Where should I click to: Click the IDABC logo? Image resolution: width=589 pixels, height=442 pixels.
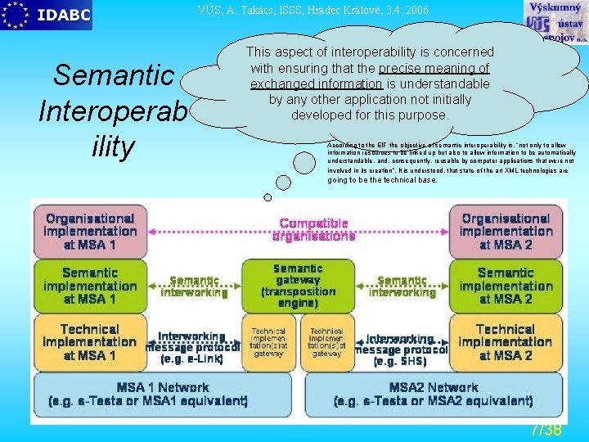click(x=47, y=15)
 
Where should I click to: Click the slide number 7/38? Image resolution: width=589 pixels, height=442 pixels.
click(x=546, y=430)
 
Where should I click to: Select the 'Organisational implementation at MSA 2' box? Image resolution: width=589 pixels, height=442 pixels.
click(x=506, y=231)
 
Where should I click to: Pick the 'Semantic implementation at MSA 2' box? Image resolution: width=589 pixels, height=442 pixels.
click(x=506, y=286)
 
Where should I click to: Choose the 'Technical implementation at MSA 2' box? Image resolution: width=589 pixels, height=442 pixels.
click(x=506, y=342)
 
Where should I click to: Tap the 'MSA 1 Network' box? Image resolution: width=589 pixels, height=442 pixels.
click(x=162, y=395)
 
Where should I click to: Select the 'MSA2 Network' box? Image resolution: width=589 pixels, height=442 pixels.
click(x=434, y=395)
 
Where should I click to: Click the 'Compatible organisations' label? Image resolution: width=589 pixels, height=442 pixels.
click(x=313, y=229)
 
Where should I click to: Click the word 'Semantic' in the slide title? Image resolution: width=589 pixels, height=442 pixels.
click(x=114, y=76)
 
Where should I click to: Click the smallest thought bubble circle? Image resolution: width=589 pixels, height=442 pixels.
click(x=268, y=196)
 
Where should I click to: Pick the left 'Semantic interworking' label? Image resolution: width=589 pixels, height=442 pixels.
click(x=194, y=286)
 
